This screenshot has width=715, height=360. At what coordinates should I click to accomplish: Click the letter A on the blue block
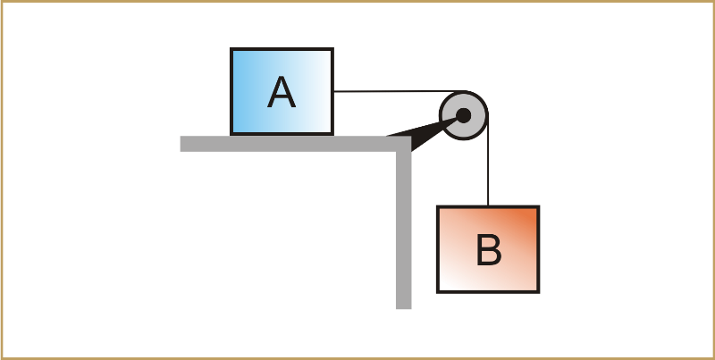[x=282, y=93]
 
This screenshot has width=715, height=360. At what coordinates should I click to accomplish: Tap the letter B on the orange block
[x=488, y=250]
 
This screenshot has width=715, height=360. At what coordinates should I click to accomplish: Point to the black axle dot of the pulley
[x=463, y=115]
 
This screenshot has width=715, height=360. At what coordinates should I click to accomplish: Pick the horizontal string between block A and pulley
[x=393, y=91]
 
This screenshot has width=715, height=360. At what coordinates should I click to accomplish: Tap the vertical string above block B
[x=488, y=170]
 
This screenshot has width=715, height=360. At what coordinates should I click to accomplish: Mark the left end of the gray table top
[x=182, y=144]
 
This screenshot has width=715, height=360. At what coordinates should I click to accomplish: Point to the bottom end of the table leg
[x=403, y=306]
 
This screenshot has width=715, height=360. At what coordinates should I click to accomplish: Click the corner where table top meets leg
[x=403, y=144]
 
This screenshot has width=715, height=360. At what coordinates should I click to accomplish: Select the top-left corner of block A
[x=232, y=50]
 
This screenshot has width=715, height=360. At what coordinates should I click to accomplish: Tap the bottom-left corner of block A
[x=232, y=134]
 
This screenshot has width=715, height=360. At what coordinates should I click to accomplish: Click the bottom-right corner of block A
[x=332, y=134]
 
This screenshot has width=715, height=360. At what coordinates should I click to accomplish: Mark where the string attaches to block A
[x=333, y=91]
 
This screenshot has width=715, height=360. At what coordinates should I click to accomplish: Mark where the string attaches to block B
[x=488, y=206]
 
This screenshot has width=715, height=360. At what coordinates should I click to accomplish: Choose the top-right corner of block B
[x=538, y=207]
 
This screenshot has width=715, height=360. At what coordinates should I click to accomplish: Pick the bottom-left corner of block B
[x=438, y=291]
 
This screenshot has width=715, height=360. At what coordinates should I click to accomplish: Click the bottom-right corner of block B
[x=538, y=291]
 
